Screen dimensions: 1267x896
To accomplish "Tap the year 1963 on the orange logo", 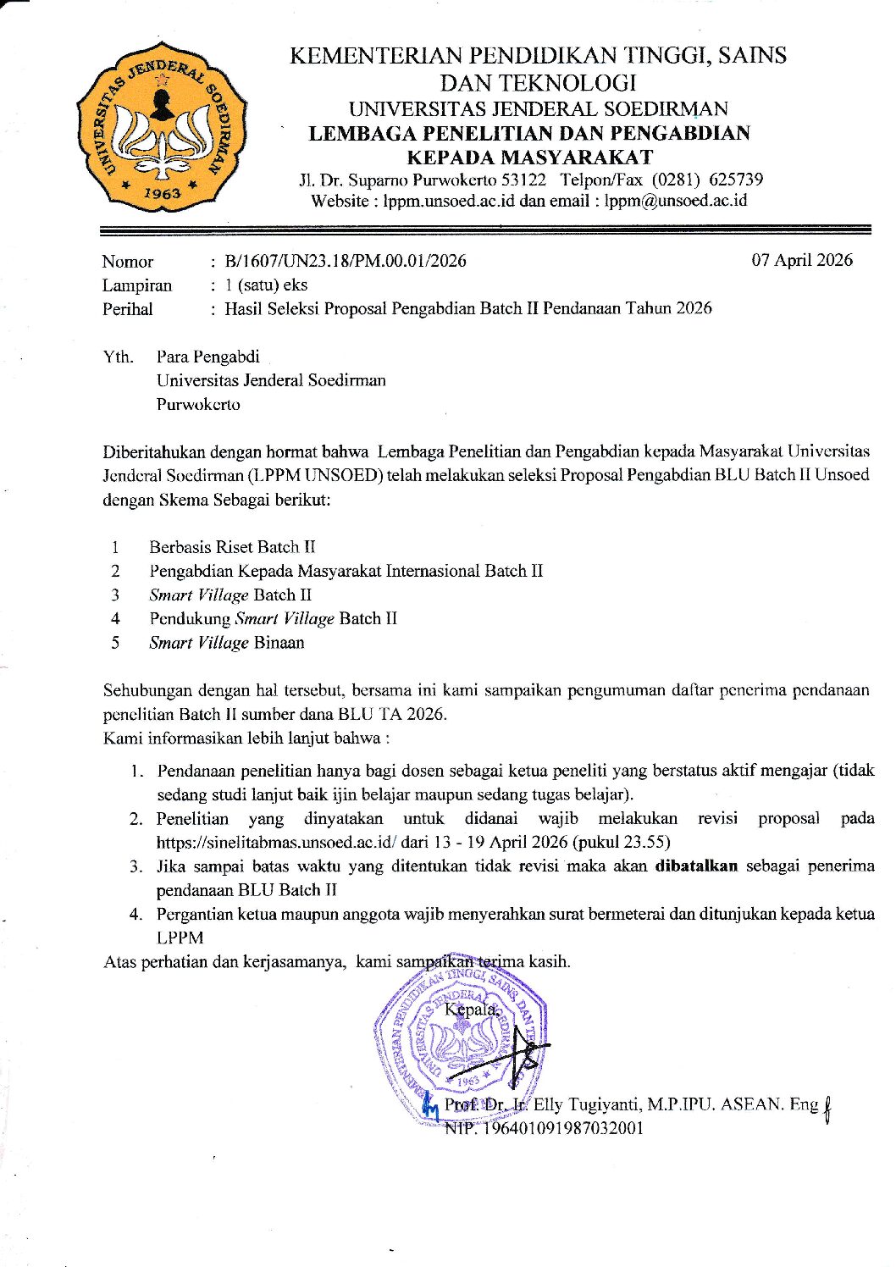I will point(161,193).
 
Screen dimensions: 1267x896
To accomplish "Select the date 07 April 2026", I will point(801,260).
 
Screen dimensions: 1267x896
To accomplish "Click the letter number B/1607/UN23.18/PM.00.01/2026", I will point(345,261).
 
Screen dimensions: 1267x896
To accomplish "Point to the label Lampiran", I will point(137,285).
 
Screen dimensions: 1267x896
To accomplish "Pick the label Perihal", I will point(128,309).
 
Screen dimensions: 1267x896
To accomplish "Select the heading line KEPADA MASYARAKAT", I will point(529,157).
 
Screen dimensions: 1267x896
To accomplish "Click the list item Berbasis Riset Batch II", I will point(232,547).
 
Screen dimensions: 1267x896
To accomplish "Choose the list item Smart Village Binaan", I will point(226,643).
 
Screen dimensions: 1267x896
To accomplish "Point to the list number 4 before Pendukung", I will point(115,619).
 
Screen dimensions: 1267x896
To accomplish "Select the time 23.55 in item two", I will point(646,843).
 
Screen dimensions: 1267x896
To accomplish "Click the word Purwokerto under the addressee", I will point(198,404).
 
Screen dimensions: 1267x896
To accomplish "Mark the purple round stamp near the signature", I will point(457,1037).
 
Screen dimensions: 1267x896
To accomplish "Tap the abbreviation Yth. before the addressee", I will point(119,357).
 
